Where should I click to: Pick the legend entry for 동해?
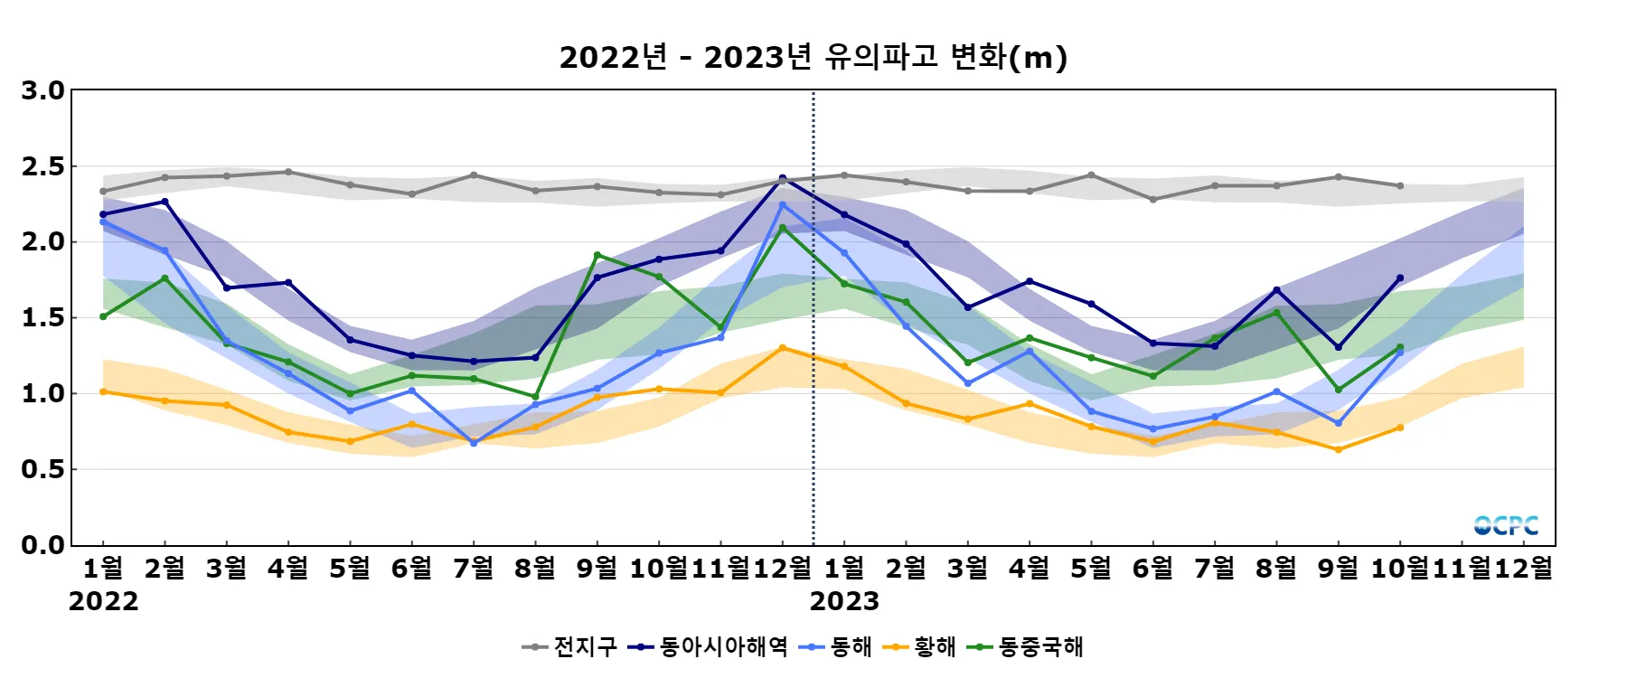[837, 646]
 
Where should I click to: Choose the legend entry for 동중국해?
[1026, 646]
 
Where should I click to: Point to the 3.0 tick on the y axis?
[43, 90]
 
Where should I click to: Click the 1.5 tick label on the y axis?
[43, 317]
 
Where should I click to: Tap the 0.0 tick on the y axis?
[43, 545]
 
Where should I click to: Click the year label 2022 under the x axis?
[103, 601]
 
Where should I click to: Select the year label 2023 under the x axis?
[844, 601]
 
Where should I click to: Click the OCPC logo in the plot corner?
[1506, 525]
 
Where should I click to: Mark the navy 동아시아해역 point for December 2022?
[783, 178]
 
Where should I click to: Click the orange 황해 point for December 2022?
[783, 348]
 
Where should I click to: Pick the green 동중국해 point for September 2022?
[597, 255]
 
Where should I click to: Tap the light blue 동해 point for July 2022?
[474, 443]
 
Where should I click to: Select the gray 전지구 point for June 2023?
[1153, 199]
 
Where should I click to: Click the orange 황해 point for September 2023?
[1339, 449]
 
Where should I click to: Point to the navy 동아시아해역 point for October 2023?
[1400, 278]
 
